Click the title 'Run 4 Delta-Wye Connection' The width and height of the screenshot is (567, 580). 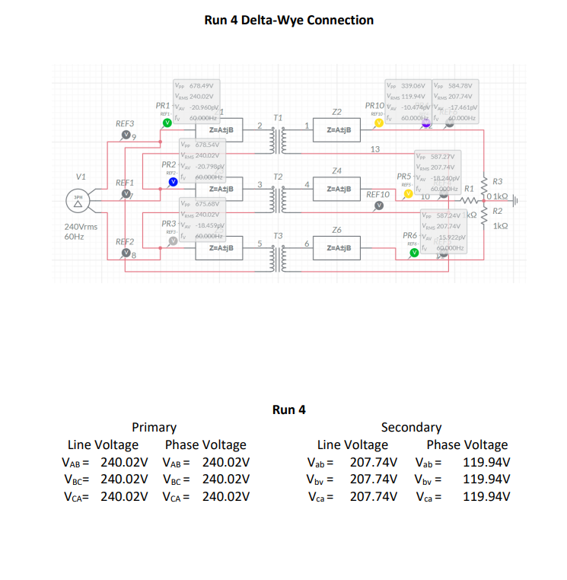(289, 20)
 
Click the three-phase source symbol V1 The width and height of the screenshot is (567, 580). (78, 203)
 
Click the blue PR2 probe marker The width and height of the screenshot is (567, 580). (172, 180)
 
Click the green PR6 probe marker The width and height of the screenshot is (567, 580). (414, 252)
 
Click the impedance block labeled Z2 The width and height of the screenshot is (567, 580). (337, 129)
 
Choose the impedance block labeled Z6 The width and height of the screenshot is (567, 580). (337, 248)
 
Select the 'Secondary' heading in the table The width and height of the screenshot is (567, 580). (410, 427)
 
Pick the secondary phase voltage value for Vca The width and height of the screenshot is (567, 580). (486, 496)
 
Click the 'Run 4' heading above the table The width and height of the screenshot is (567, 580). (288, 410)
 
